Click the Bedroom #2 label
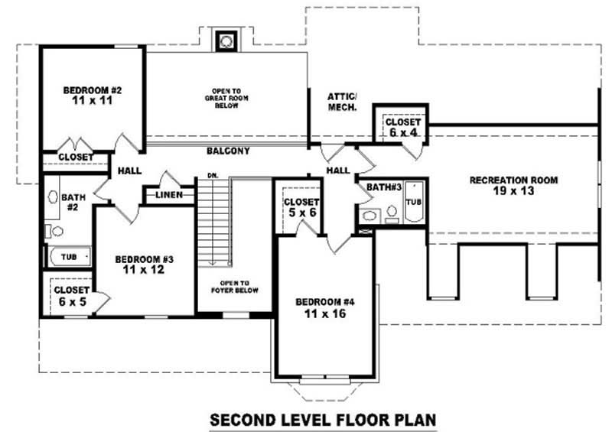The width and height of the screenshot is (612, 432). (93, 90)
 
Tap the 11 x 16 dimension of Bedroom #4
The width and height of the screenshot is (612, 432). (325, 313)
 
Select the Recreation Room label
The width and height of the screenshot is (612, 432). (513, 180)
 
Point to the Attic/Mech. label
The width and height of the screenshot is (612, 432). (342, 102)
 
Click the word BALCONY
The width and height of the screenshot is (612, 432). (228, 151)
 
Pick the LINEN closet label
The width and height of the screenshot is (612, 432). (169, 195)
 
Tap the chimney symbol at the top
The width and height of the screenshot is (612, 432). (226, 41)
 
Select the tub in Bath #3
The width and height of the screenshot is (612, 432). (414, 202)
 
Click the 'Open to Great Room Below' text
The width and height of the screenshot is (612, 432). (226, 99)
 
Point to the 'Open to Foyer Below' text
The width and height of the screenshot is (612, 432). (235, 287)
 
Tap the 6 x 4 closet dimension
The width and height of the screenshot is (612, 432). (403, 133)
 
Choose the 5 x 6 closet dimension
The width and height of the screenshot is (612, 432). (302, 213)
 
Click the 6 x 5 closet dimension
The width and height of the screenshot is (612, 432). (73, 302)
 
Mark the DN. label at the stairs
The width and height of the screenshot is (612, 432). (213, 176)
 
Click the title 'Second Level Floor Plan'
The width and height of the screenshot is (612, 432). (323, 420)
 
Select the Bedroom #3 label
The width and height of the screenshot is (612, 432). (145, 259)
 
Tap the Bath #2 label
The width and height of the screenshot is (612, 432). (73, 202)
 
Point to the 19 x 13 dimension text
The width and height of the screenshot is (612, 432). (513, 191)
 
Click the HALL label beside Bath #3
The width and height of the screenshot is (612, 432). (338, 171)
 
